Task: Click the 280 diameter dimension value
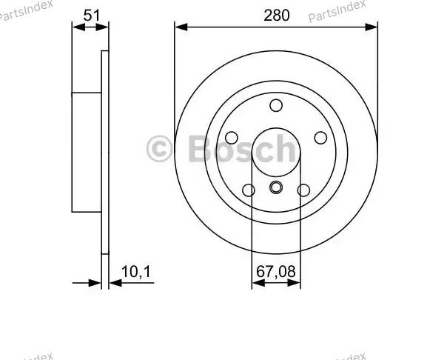275,14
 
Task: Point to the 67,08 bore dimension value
276,273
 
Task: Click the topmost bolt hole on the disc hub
276,105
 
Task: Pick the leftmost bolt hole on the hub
231,138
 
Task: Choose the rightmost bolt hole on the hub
320,138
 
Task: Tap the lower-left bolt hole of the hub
249,190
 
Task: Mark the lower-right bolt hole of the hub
303,190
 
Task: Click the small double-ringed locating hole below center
276,187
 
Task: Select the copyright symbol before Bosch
160,148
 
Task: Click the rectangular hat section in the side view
87,152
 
